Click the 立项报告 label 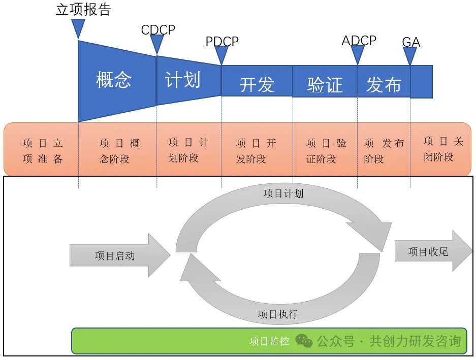click(x=83, y=10)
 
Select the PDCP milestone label click(x=222, y=41)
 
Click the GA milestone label click(x=411, y=42)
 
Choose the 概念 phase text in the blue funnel click(x=114, y=80)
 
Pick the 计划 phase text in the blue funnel click(x=182, y=80)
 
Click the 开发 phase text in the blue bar click(x=257, y=85)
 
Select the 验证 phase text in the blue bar click(x=325, y=85)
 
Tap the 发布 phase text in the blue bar click(x=384, y=84)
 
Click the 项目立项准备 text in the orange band click(x=43, y=151)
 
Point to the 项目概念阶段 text click(x=119, y=151)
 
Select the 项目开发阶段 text click(x=256, y=151)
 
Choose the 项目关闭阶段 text click(x=443, y=149)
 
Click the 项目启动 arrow click(x=120, y=255)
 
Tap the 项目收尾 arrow click(x=433, y=251)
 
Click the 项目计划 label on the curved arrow click(x=283, y=193)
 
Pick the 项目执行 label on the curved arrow click(x=278, y=314)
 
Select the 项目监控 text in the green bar click(x=269, y=341)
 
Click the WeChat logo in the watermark click(x=304, y=341)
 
